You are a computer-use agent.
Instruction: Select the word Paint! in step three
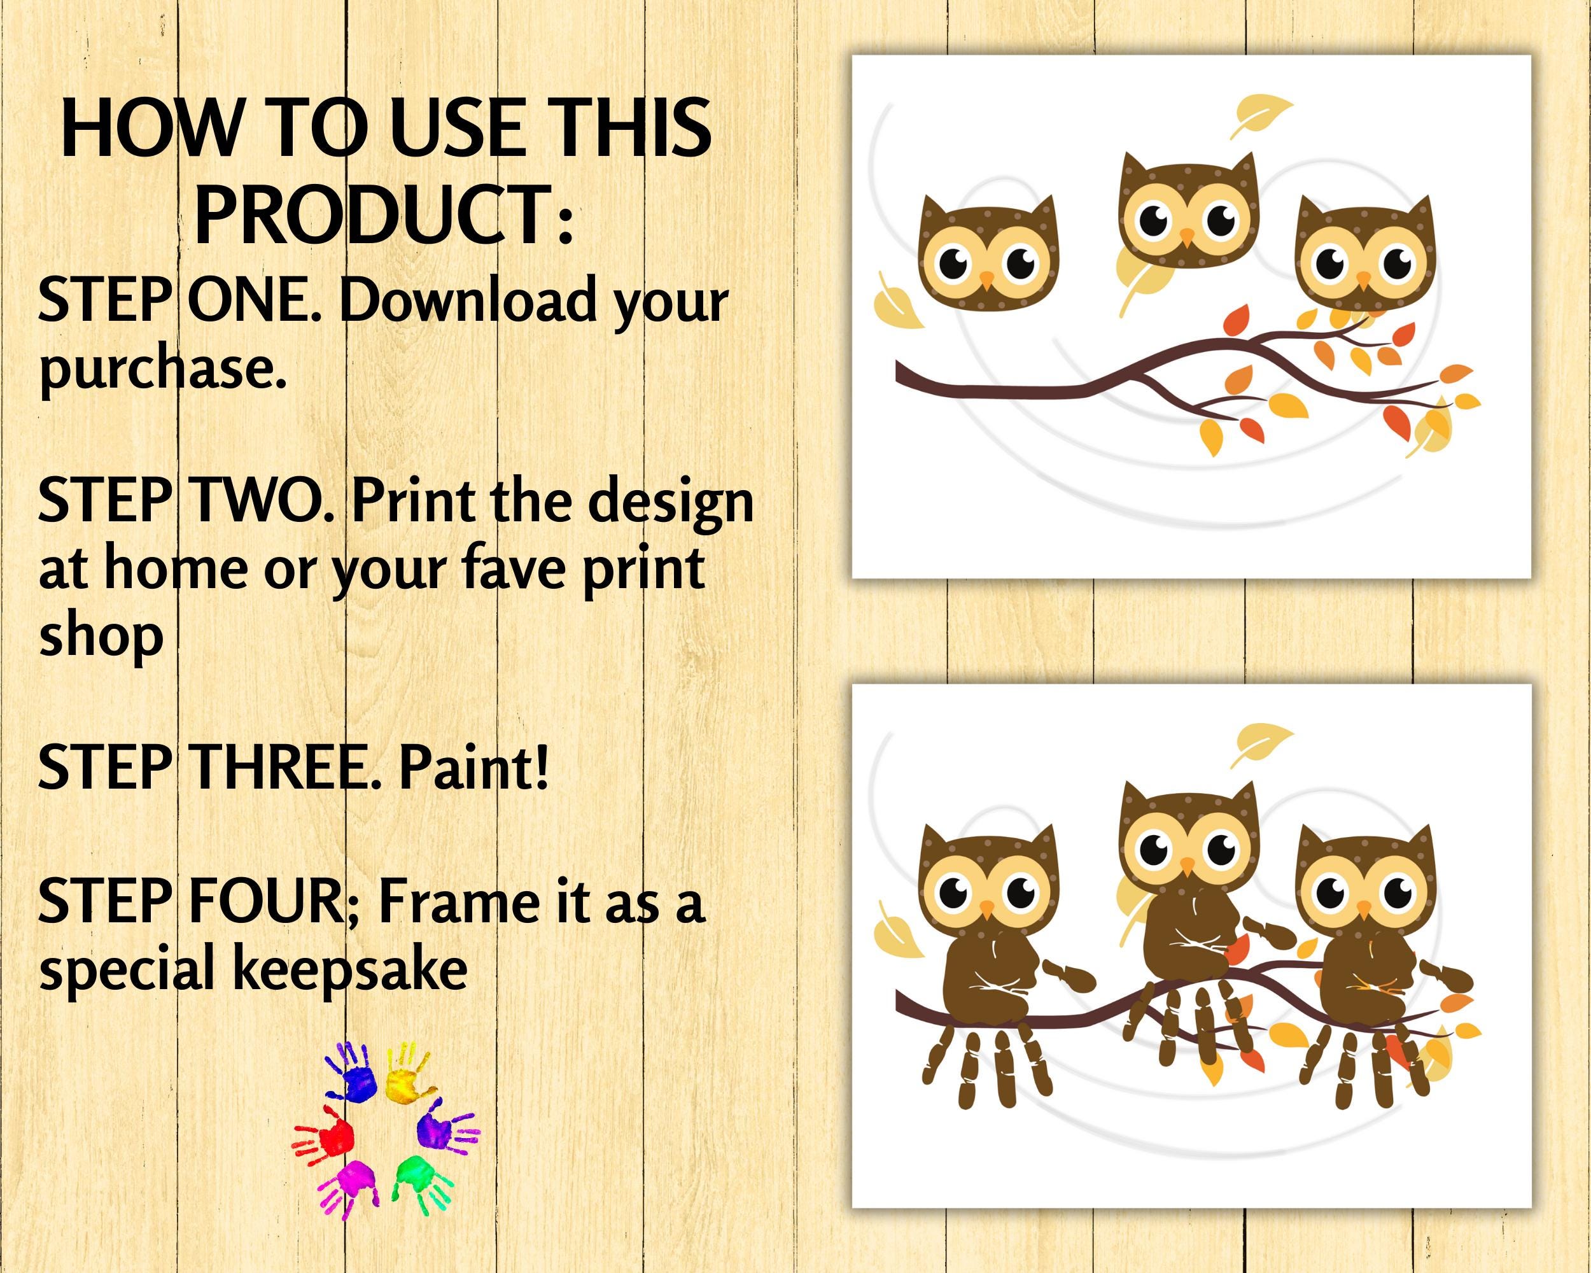click(x=473, y=768)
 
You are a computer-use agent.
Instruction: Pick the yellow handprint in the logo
click(x=406, y=1080)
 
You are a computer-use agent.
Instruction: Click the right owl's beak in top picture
click(x=1363, y=278)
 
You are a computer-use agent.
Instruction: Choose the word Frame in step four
click(x=458, y=902)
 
